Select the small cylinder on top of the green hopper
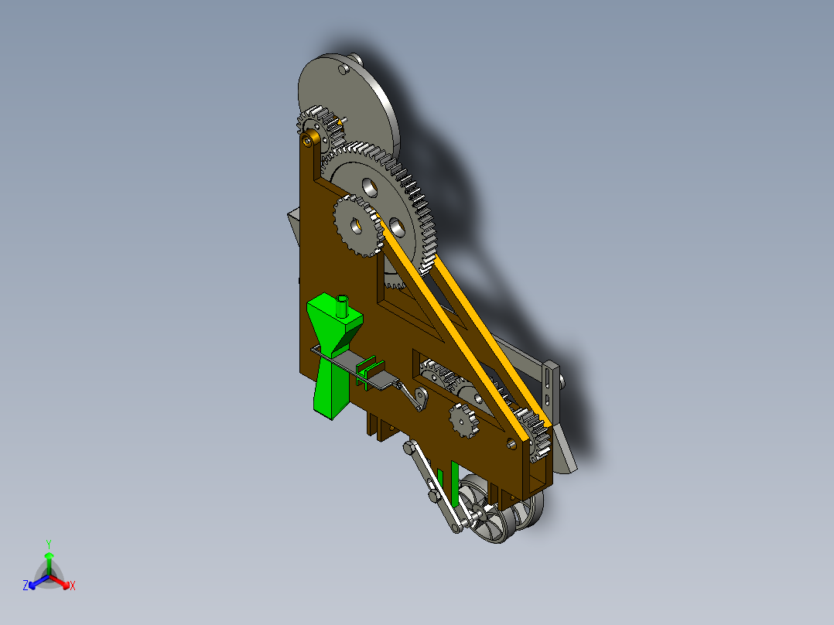pos(342,306)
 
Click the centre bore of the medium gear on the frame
pos(355,227)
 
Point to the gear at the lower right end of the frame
pos(536,437)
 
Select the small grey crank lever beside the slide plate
pos(419,398)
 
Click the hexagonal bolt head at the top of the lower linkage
pos(408,447)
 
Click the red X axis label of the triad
pos(73,586)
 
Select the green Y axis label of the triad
pos(48,544)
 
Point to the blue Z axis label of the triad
pos(26,586)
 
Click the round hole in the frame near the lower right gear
pos(511,442)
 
